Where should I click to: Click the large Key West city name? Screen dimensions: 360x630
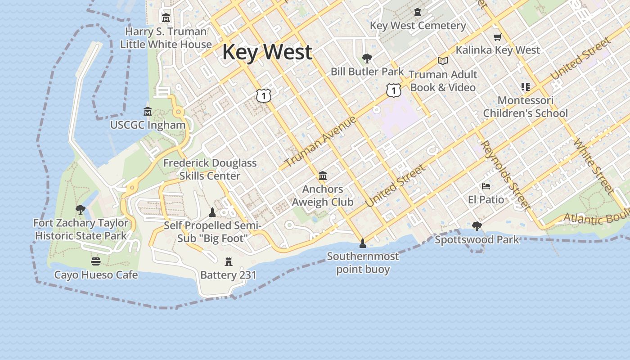click(x=267, y=52)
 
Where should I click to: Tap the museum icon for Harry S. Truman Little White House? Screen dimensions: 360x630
click(x=166, y=18)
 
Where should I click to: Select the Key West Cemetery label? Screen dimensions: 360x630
click(x=418, y=26)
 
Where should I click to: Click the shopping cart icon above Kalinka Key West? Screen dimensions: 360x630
click(x=497, y=37)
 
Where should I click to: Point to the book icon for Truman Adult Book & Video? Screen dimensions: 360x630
click(x=443, y=61)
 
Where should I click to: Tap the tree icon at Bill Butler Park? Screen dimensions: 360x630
click(x=367, y=58)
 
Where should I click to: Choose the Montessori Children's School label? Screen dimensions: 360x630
click(x=525, y=107)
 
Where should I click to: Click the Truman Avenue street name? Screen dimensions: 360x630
click(x=321, y=141)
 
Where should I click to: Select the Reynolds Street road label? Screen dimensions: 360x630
click(x=505, y=175)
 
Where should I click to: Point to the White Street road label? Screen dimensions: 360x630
click(x=594, y=166)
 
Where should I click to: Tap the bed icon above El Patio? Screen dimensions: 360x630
click(x=486, y=186)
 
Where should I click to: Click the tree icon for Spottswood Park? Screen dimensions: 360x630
click(x=477, y=226)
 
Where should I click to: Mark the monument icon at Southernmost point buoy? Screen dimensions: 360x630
click(x=363, y=243)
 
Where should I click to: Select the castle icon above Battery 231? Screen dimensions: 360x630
click(x=229, y=262)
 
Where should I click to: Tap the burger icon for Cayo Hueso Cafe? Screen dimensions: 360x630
click(x=95, y=261)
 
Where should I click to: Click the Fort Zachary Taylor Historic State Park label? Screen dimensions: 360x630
click(x=81, y=229)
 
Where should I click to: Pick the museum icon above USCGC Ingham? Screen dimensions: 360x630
click(x=148, y=111)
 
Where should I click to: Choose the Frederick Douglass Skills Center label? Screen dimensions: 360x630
click(x=210, y=169)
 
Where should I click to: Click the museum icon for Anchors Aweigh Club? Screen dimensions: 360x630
click(x=323, y=175)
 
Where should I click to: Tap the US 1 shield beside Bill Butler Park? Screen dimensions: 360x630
click(x=394, y=91)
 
